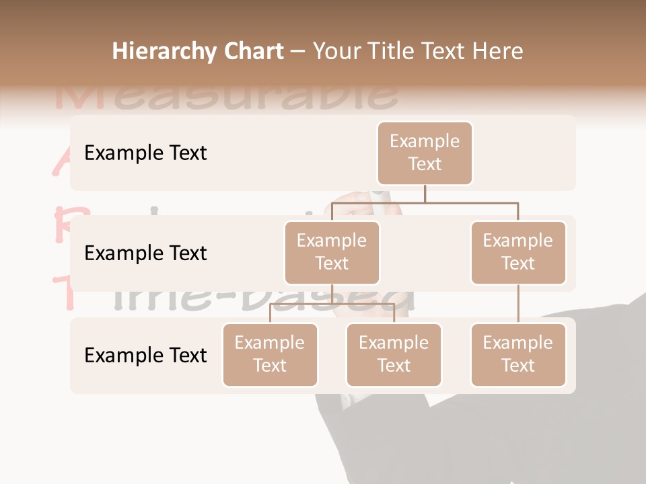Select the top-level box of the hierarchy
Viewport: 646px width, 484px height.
point(425,153)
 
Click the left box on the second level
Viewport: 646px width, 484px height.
point(332,253)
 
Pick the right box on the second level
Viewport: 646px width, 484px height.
point(518,253)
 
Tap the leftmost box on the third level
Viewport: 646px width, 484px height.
point(270,355)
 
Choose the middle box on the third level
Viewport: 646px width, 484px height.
point(394,355)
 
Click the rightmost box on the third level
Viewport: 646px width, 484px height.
point(518,355)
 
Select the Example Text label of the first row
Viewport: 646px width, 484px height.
point(145,153)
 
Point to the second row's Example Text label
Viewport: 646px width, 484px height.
point(145,253)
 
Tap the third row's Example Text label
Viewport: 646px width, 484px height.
point(145,355)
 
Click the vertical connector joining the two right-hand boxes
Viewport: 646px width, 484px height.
point(518,304)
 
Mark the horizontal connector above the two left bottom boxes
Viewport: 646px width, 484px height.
point(332,304)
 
